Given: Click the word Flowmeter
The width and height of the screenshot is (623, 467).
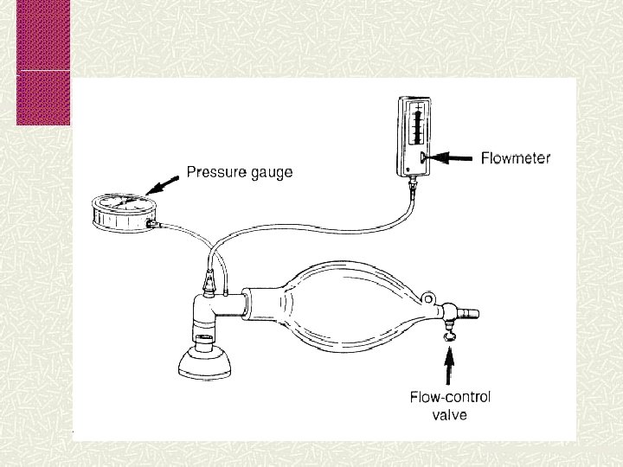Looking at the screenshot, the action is (516, 158).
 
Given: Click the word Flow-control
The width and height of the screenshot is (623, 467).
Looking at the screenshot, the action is (450, 398).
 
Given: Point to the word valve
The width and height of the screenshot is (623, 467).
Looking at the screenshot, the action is (450, 415).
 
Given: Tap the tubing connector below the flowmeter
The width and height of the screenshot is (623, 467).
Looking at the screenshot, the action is (414, 185).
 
